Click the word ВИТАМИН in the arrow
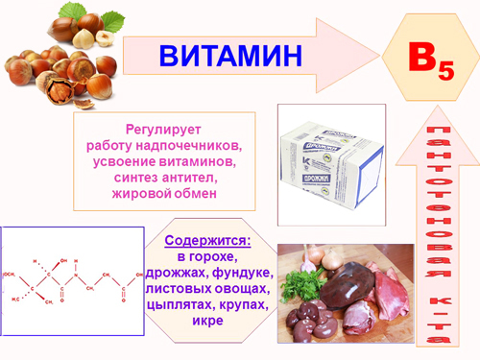(x=229, y=56)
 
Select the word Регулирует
(x=164, y=129)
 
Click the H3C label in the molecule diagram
(x=17, y=300)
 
